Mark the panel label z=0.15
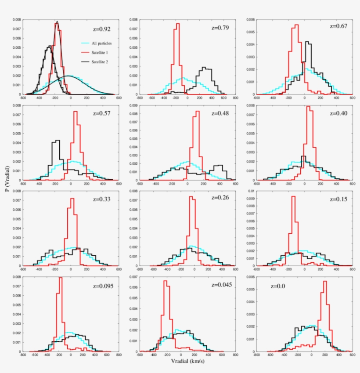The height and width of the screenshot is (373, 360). (338, 200)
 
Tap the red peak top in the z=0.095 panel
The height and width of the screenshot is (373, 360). (60, 277)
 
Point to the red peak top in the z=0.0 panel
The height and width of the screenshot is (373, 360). (325, 281)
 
